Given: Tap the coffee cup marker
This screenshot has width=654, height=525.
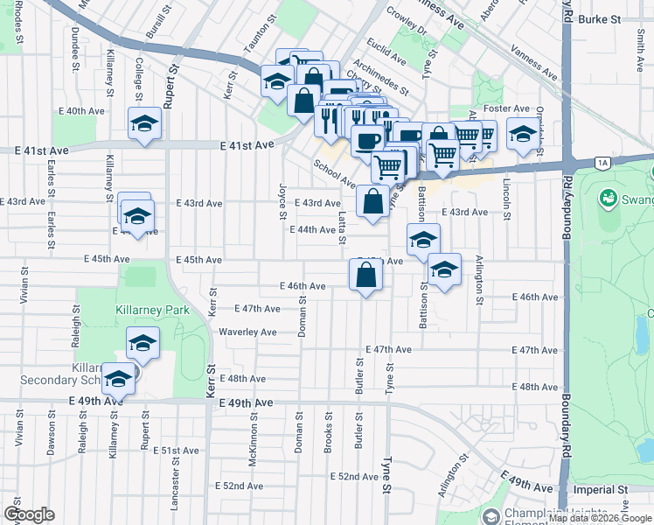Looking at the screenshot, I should tap(367, 140).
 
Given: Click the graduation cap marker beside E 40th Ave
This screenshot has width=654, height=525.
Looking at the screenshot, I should tap(144, 123).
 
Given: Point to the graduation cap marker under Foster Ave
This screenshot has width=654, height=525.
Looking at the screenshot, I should tap(523, 135).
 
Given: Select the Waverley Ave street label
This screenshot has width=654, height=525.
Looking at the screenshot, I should tap(247, 332).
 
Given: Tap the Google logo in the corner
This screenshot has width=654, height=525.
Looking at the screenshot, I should tap(30, 514).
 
